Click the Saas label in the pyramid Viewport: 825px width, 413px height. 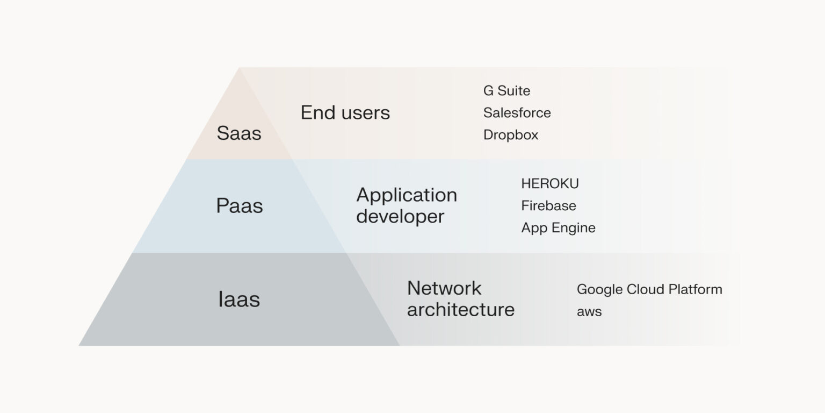pos(239,133)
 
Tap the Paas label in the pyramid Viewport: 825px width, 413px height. pos(240,206)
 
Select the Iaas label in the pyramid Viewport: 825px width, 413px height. pos(239,300)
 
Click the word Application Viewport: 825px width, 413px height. pos(407,195)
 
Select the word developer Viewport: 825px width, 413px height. pos(400,217)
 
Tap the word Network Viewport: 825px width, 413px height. pos(444,288)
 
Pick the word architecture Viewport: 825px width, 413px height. pos(460,310)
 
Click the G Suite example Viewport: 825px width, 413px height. pos(506,91)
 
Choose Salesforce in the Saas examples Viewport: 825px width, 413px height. pos(517,113)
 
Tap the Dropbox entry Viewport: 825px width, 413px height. pos(510,135)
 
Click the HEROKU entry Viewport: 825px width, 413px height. pos(549,184)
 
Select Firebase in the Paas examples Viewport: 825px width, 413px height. pos(548,206)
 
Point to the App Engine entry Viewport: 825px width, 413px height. pos(558,228)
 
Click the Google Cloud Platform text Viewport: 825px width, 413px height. pos(649,290)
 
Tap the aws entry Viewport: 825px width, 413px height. pos(589,312)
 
